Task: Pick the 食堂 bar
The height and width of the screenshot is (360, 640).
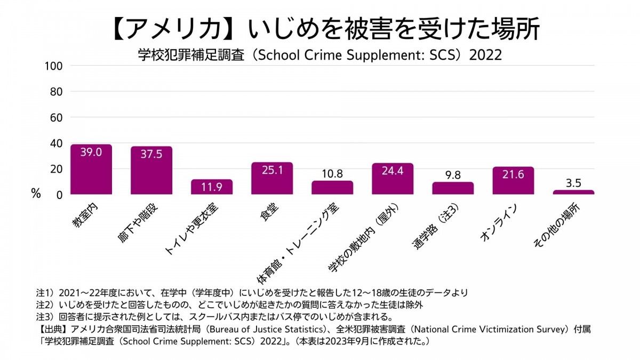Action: [x=272, y=179]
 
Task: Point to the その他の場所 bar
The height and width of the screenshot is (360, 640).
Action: [x=573, y=192]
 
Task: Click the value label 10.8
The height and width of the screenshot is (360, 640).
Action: [x=332, y=174]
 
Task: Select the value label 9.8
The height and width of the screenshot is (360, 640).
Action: [x=453, y=175]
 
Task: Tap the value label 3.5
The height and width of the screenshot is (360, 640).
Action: [x=573, y=183]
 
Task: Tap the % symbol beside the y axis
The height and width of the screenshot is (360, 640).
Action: [x=36, y=194]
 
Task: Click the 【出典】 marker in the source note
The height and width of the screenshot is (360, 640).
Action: [x=52, y=329]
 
